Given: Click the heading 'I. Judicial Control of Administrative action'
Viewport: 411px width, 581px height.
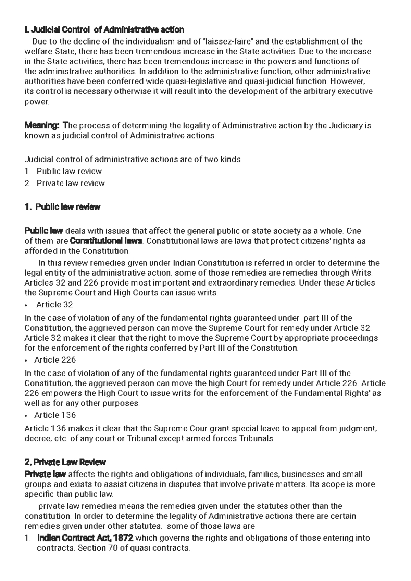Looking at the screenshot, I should click(x=104, y=30).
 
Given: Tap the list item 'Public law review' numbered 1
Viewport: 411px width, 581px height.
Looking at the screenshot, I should click(x=69, y=171).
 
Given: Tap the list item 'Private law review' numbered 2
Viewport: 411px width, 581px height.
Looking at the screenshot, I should click(x=70, y=183).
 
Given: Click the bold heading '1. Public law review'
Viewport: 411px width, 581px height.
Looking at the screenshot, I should click(x=62, y=207).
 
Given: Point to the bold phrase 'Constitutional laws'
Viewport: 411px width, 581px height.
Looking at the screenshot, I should click(x=106, y=241).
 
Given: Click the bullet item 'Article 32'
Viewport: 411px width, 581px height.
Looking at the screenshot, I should click(x=54, y=305).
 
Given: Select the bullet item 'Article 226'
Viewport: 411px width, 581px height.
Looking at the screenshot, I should click(x=55, y=360).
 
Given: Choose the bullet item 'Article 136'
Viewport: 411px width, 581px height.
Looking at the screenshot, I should click(x=55, y=415).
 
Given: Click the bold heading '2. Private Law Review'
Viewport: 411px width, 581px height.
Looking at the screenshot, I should click(x=65, y=462).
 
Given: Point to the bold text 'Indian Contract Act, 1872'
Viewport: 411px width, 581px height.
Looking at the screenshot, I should click(x=85, y=538).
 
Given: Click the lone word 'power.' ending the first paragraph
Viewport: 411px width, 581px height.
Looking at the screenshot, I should click(x=37, y=102).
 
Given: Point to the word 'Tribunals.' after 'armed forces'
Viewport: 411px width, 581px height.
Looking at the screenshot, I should click(x=257, y=439).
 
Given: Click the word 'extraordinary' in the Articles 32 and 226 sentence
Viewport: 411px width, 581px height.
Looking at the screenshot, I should click(x=236, y=283).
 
